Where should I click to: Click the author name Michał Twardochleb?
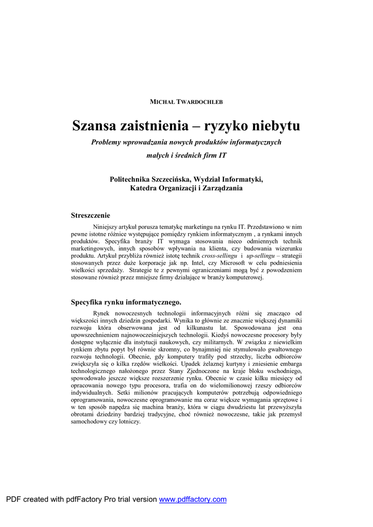[186, 102]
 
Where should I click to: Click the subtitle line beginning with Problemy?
[186, 142]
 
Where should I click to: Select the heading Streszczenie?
[90, 215]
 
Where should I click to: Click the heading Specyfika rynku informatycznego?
[126, 302]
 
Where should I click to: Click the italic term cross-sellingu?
[219, 255]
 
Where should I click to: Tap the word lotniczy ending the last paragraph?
[127, 421]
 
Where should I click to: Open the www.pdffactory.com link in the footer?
[193, 499]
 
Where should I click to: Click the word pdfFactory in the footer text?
[84, 499]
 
